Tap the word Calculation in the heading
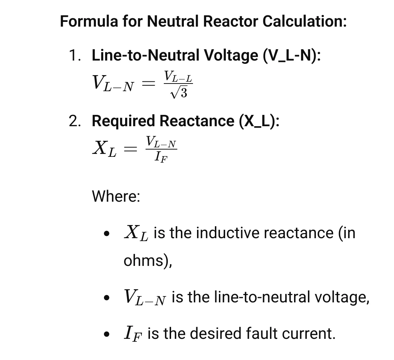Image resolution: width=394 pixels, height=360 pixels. (x=304, y=21)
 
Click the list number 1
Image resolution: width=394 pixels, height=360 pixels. (x=75, y=55)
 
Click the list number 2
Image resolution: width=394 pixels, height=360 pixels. (x=75, y=121)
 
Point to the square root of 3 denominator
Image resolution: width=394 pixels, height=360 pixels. (x=178, y=93)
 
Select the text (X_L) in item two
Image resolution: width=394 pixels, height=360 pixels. (x=259, y=121)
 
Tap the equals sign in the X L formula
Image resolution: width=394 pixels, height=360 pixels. (x=131, y=149)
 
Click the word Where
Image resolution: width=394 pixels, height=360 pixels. (x=116, y=196)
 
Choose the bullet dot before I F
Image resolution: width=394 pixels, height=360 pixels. (x=107, y=334)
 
